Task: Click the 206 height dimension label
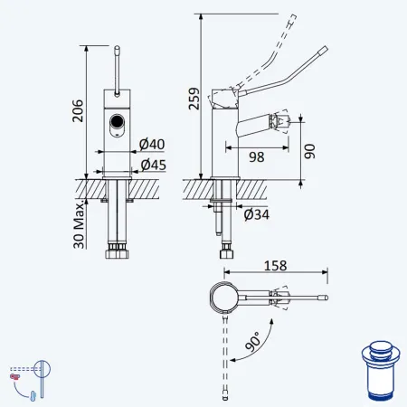point(78,110)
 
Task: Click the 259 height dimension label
point(194,99)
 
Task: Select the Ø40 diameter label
point(152,144)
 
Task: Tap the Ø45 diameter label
point(154,165)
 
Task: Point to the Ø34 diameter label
point(257,214)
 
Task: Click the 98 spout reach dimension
point(257,157)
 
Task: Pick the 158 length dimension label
point(275,266)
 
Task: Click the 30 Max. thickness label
point(79,224)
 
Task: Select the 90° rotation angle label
point(252,342)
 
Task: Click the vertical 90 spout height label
point(309,151)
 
